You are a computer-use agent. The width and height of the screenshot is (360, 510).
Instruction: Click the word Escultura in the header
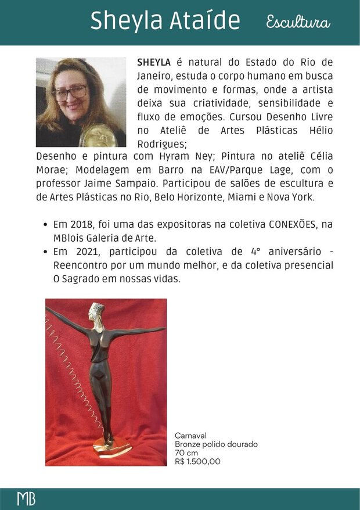coord(298,23)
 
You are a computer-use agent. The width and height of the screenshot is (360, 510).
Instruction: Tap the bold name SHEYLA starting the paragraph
coord(153,62)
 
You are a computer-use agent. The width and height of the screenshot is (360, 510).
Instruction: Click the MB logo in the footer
coord(26,499)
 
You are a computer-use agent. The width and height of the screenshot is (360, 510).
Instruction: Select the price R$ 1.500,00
coord(197,462)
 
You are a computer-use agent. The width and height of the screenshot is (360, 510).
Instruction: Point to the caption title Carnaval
coord(190,435)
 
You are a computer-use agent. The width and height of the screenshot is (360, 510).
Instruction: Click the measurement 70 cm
coord(186,453)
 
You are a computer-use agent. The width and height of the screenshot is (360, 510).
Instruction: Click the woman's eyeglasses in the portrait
coord(69,93)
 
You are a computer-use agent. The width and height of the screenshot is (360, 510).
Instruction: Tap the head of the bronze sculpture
coord(95,311)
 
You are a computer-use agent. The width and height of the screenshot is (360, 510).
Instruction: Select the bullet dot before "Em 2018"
coord(45,225)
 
